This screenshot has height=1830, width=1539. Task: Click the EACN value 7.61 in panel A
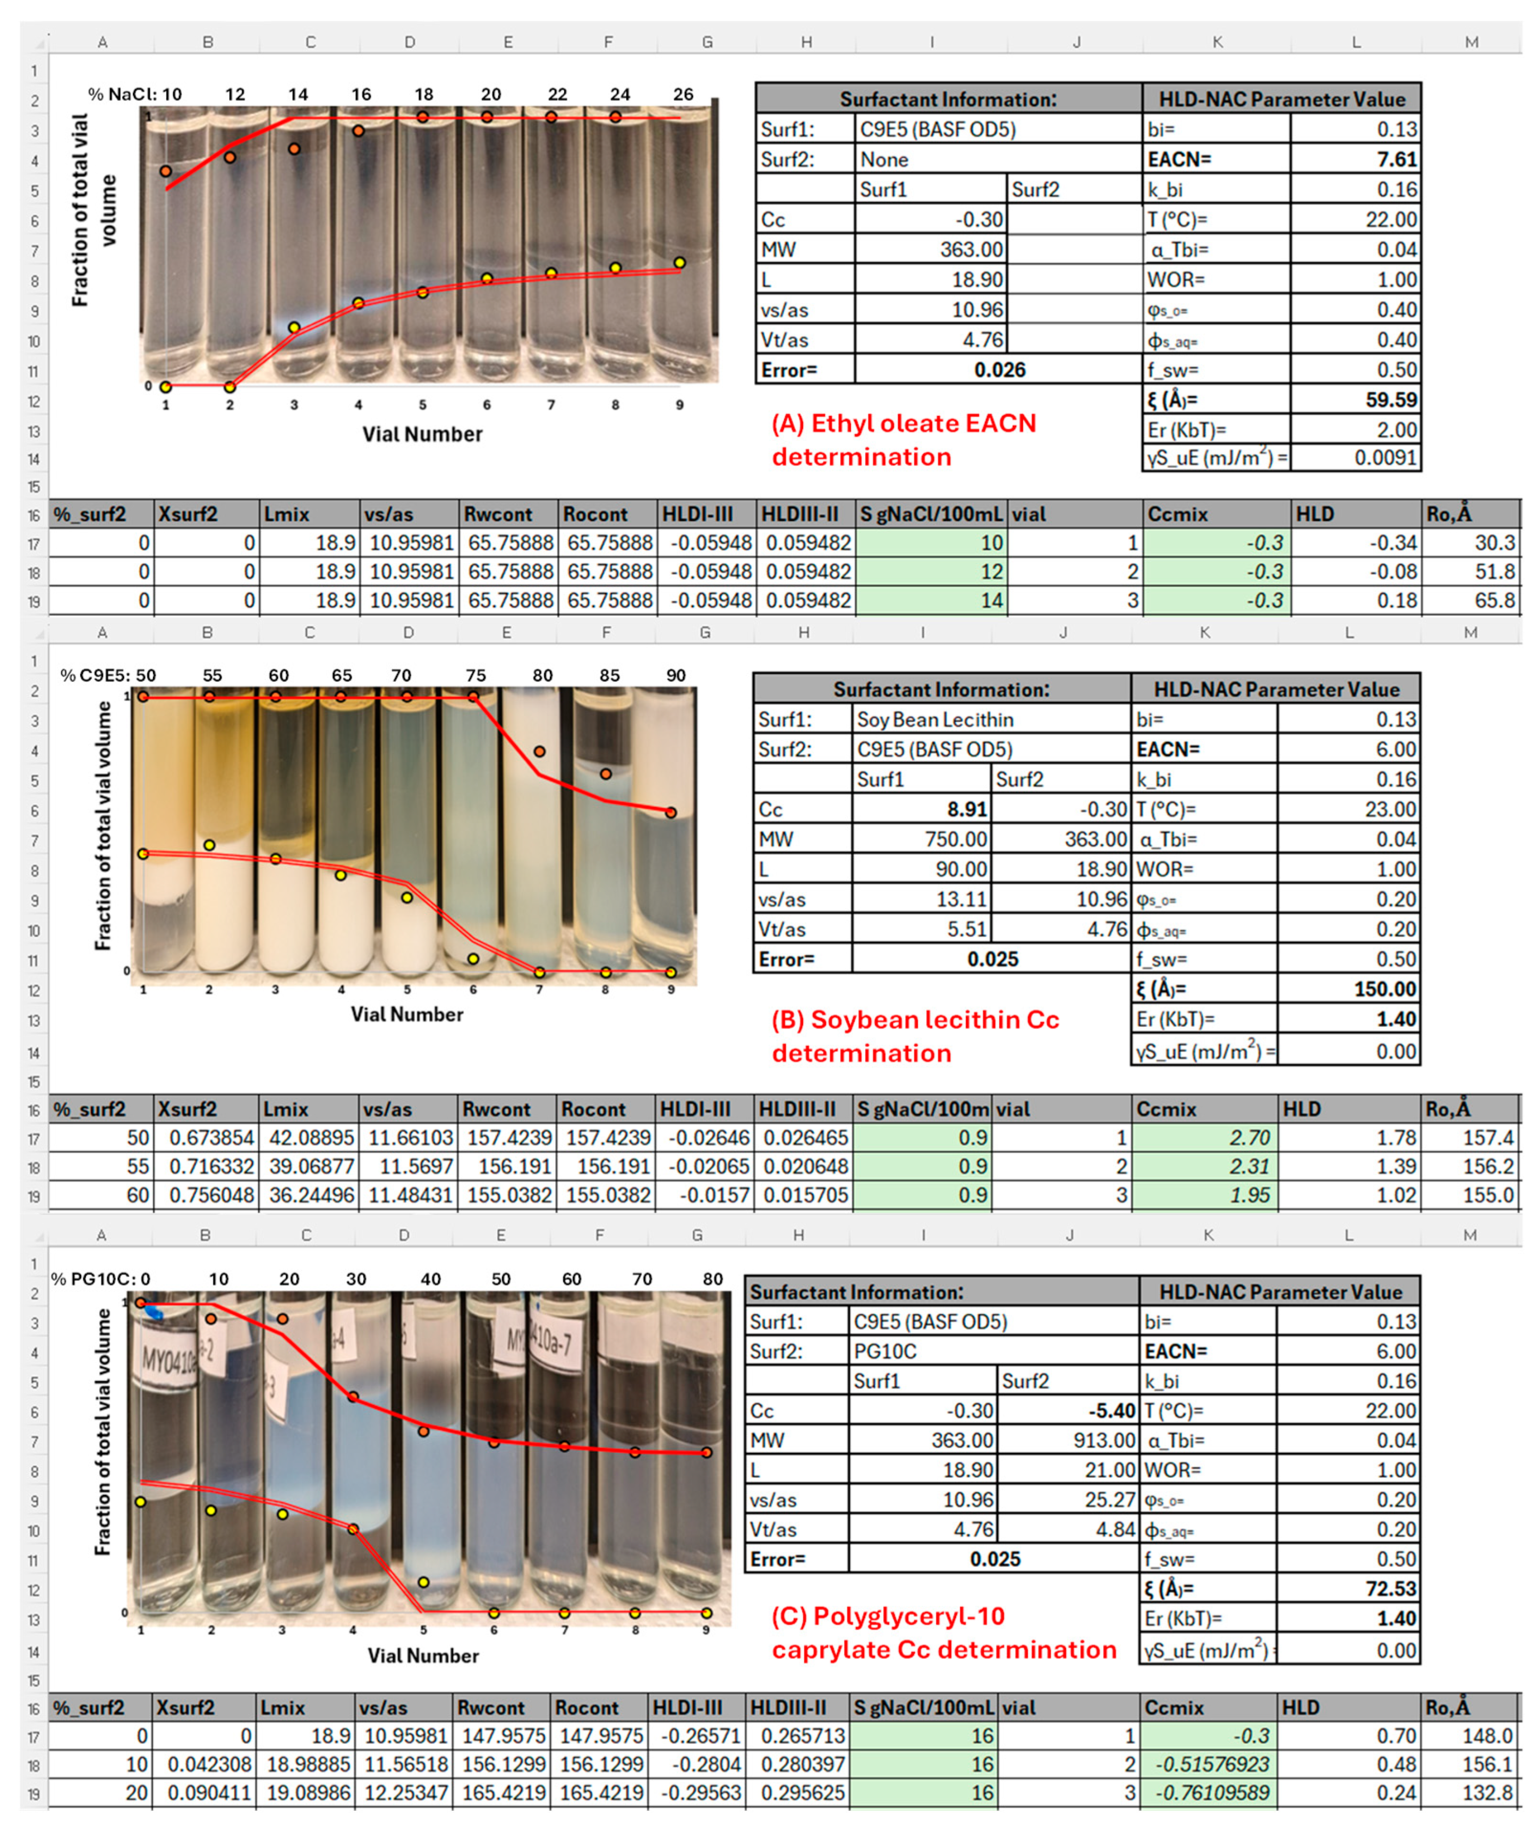[1396, 159]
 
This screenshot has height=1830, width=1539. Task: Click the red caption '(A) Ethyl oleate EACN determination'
[904, 440]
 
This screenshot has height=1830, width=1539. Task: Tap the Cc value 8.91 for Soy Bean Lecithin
[967, 810]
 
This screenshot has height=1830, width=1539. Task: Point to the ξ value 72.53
[1390, 1588]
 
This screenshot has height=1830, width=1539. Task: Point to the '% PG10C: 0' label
[100, 1279]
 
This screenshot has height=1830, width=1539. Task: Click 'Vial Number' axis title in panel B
[406, 1015]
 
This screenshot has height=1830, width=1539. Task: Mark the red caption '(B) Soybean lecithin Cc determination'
[914, 1036]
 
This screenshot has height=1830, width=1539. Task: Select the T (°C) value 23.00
[1390, 810]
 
